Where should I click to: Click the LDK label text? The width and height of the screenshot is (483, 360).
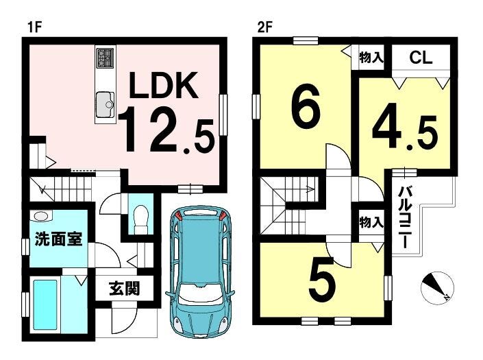164,85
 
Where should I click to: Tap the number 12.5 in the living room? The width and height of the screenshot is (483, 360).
166,130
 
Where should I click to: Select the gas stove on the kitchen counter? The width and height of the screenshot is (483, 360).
106,58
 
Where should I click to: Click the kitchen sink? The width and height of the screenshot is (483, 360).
105,104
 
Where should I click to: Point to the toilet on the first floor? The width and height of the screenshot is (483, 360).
141,219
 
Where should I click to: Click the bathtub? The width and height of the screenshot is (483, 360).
45,304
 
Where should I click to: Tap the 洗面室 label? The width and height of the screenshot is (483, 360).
58,239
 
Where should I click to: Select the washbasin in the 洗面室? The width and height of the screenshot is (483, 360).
41,217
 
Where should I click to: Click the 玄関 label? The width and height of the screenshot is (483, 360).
124,288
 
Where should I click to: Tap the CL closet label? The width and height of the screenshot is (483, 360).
421,58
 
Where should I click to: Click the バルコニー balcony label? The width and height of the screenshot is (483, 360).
405,217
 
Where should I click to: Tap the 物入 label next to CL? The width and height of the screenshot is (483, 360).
371,58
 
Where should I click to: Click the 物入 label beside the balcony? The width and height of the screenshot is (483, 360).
371,222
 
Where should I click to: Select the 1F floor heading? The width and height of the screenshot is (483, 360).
34,27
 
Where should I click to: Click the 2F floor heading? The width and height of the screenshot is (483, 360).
265,27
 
